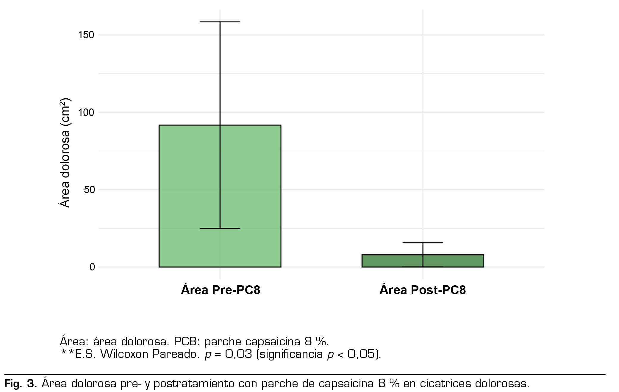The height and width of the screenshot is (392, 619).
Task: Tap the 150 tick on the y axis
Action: click(86, 35)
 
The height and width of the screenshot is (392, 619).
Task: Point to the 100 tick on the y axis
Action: click(86, 112)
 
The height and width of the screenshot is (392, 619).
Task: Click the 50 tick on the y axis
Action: click(89, 190)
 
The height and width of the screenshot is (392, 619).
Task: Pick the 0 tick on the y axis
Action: click(92, 267)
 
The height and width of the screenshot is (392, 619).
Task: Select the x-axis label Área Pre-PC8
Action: click(220, 290)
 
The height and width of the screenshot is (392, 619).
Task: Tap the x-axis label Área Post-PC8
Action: click(422, 290)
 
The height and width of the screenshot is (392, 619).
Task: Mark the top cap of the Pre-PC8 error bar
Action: click(220, 22)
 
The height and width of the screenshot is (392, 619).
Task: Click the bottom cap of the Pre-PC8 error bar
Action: click(220, 228)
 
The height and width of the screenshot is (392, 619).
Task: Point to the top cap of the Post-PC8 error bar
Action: click(423, 243)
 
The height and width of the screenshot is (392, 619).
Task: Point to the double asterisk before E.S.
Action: click(67, 354)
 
